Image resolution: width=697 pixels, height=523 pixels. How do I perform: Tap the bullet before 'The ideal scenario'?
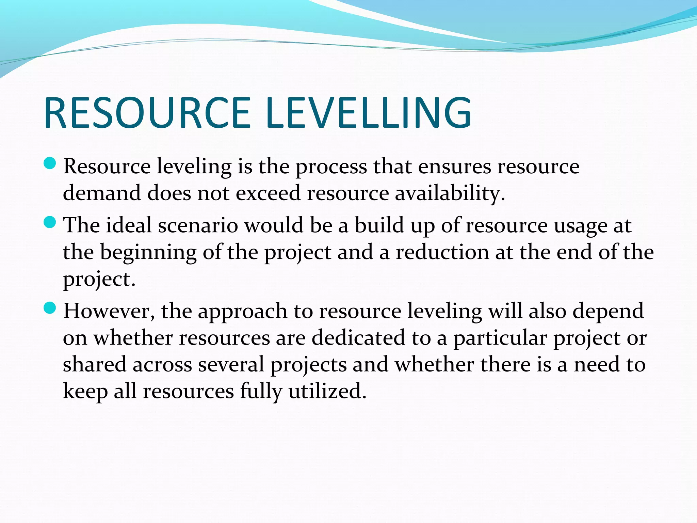point(50,223)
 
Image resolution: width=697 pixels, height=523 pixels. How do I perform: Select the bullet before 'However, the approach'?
point(50,308)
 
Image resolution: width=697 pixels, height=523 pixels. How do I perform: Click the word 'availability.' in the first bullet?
point(450,193)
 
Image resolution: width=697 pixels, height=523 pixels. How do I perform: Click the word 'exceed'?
point(268,193)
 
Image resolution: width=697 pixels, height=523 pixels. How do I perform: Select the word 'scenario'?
point(198,226)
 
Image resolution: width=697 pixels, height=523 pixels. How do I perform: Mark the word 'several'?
point(231,364)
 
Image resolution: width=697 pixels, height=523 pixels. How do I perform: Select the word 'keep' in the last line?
point(85,392)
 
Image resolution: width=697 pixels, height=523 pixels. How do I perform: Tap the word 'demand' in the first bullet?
point(102,193)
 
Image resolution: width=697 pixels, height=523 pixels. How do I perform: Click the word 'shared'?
point(95,364)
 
